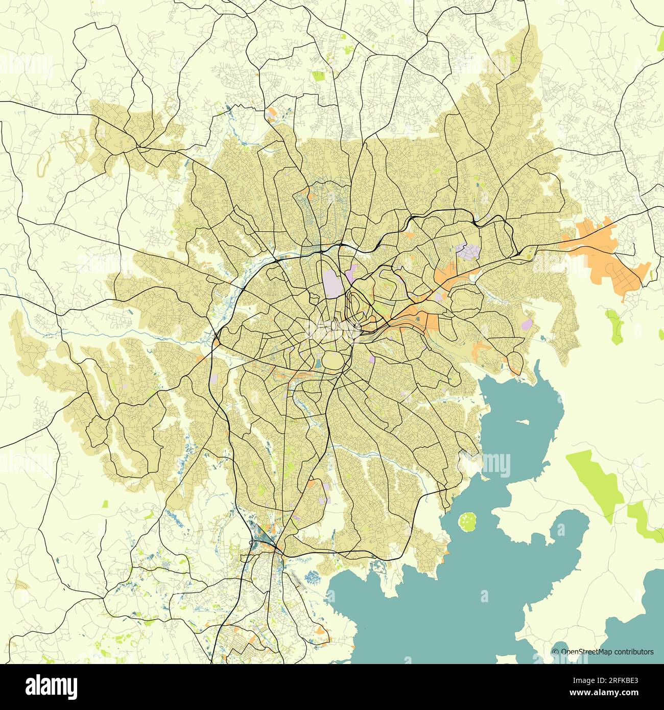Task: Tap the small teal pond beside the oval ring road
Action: pyautogui.click(x=318, y=363)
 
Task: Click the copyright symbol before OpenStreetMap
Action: pyautogui.click(x=556, y=652)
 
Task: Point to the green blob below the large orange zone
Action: pyautogui.click(x=615, y=326)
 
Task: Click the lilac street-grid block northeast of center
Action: pyautogui.click(x=469, y=252)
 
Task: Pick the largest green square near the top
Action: pyautogui.click(x=319, y=76)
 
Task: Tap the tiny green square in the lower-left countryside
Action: pyautogui.click(x=105, y=504)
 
